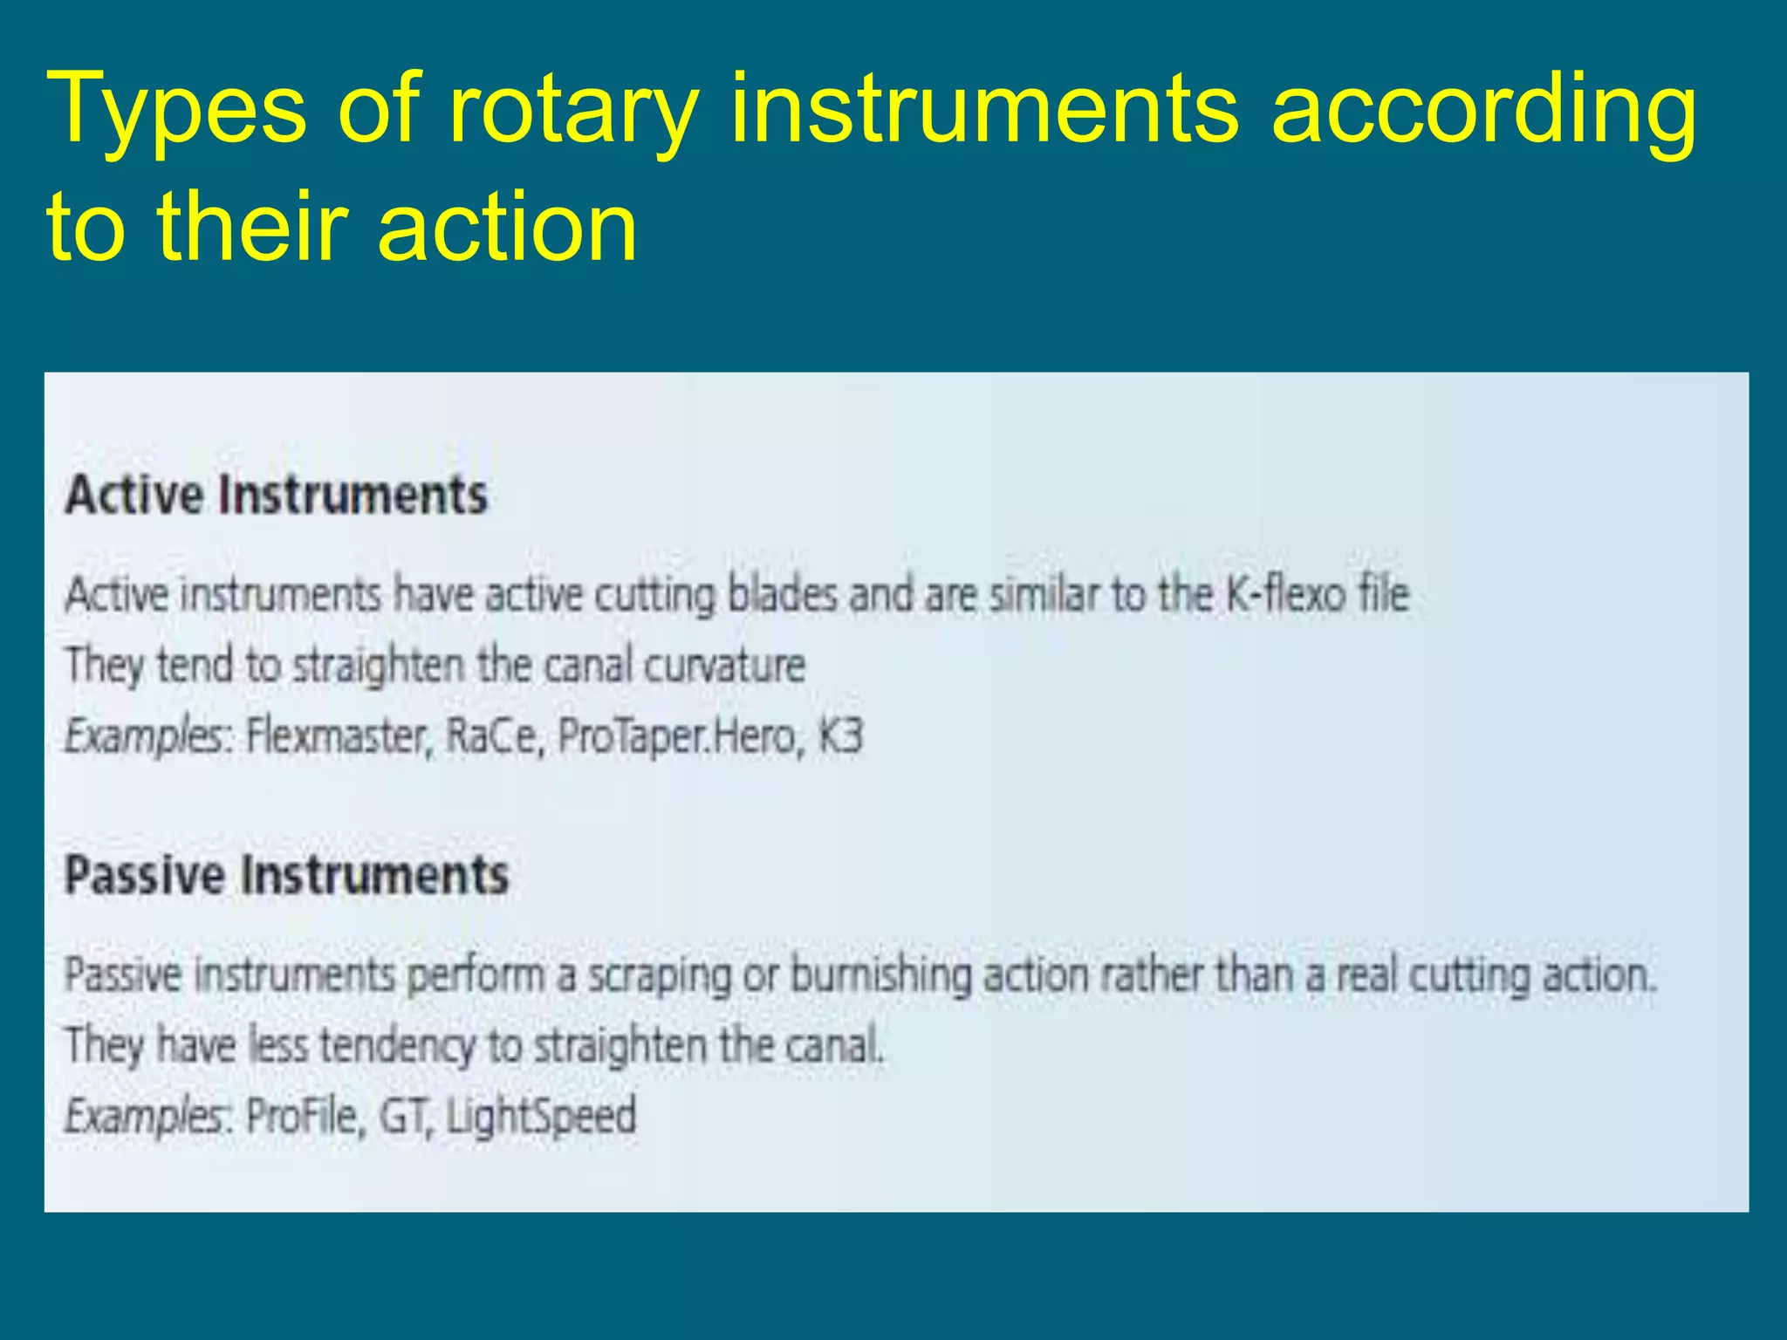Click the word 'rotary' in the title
coord(573,112)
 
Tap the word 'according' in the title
coord(1483,112)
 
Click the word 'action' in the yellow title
coord(508,229)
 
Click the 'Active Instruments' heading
coord(277,496)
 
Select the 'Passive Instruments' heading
coord(286,875)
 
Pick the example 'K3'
coord(839,736)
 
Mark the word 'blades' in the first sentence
coord(782,595)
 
